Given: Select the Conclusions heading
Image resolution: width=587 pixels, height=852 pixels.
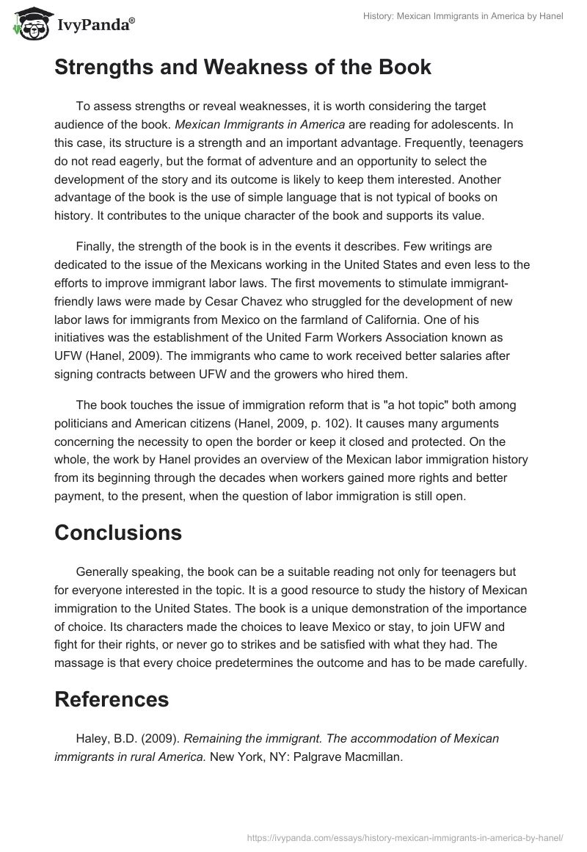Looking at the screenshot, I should tap(118, 532).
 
